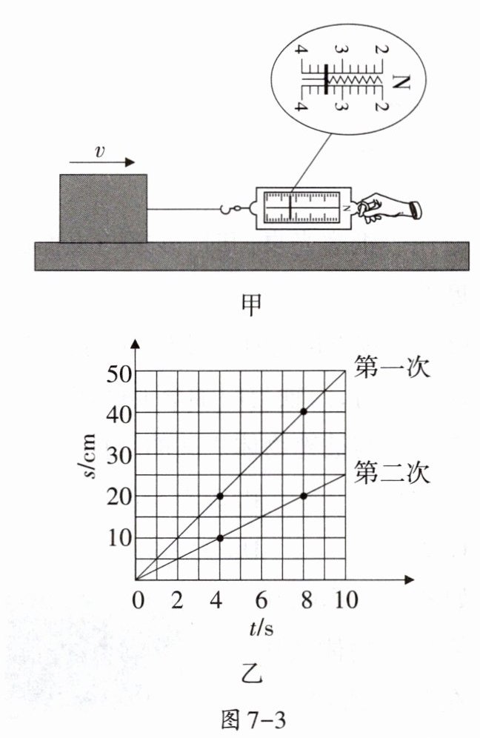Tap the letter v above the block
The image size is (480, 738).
[99, 150]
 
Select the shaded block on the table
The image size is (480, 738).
[103, 208]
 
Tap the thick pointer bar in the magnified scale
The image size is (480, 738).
[326, 79]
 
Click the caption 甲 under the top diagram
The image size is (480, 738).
[253, 304]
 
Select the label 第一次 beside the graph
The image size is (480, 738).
[392, 368]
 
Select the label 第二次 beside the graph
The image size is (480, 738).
[392, 471]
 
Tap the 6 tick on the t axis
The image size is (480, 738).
[261, 599]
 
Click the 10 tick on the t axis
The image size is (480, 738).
[344, 599]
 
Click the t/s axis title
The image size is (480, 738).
[261, 628]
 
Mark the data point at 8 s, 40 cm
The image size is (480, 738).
[304, 411]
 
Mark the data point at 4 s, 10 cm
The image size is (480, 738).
[220, 538]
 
